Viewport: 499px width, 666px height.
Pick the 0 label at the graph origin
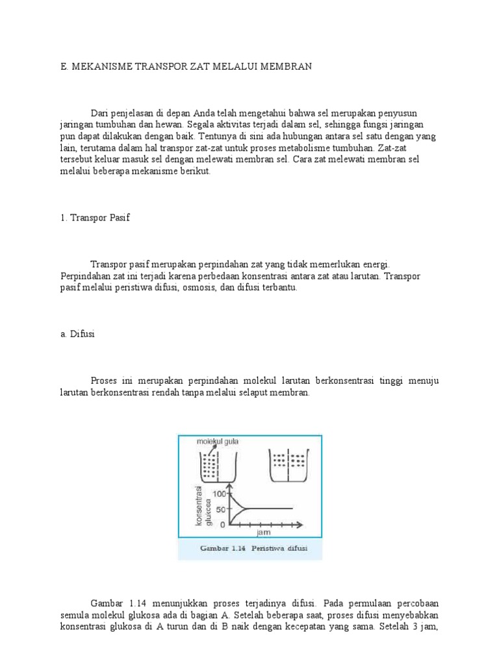222,524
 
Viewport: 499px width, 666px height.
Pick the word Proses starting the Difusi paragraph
103,380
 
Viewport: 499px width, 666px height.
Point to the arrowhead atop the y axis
229,486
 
